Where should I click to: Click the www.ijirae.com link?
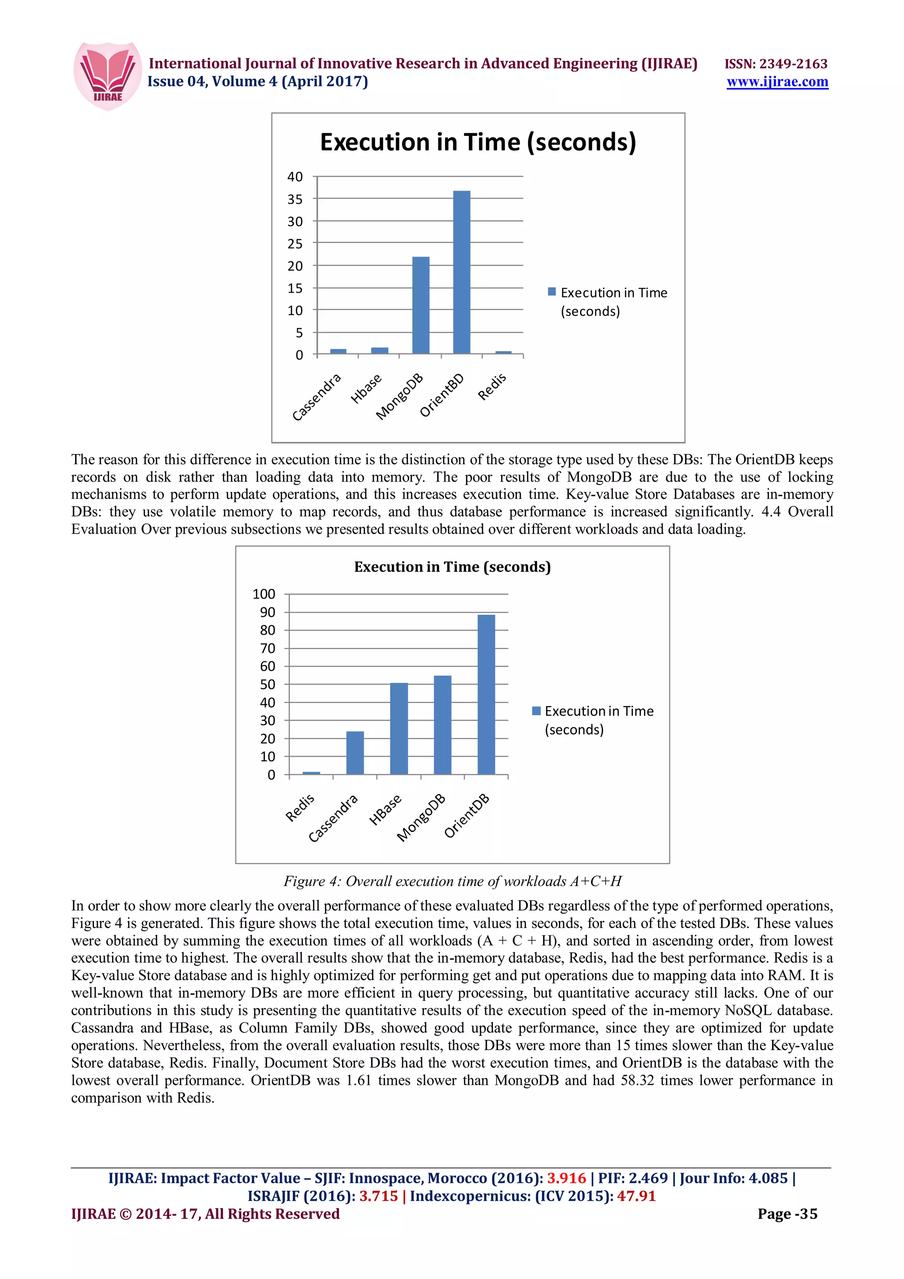point(777,82)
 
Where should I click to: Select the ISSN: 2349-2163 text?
point(776,64)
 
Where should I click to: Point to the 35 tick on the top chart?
point(295,199)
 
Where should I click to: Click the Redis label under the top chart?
point(492,387)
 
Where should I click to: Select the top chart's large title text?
point(478,143)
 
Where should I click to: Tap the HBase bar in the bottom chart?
point(399,728)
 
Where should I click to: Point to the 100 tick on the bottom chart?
point(264,594)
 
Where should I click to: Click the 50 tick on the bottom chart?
point(267,684)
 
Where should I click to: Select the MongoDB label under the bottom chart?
point(421,817)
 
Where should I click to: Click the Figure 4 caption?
point(452,881)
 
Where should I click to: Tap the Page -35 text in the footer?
point(787,1214)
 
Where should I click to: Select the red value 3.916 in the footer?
point(566,1178)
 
